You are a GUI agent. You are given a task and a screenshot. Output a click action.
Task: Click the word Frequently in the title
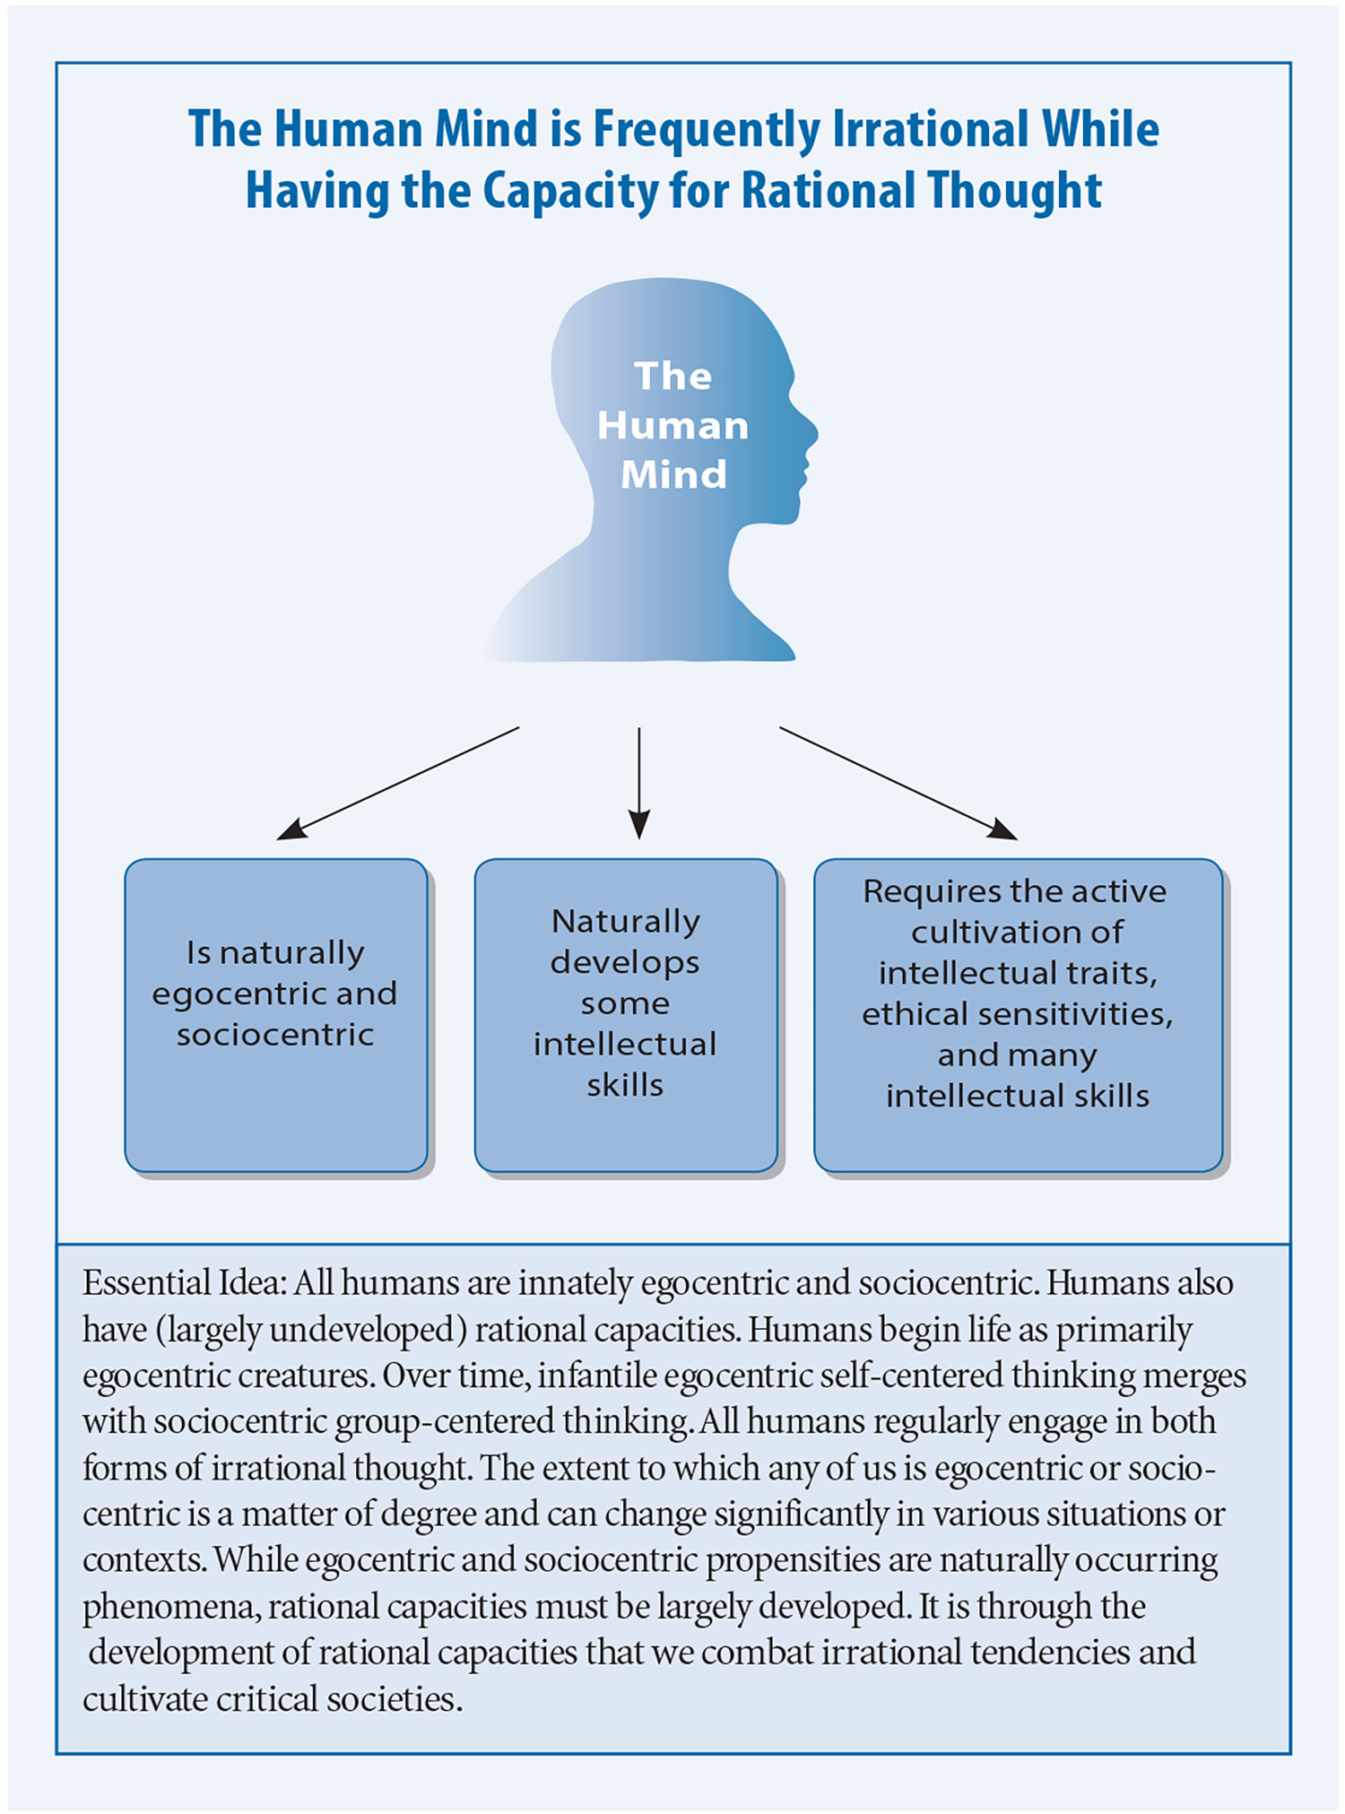click(707, 131)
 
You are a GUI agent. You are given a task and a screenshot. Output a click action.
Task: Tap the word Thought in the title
click(1014, 191)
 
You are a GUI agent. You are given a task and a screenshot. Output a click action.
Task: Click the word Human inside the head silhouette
click(672, 425)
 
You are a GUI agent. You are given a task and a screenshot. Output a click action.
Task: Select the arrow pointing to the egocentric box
click(398, 783)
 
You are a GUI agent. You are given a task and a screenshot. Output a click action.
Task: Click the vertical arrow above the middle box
click(639, 783)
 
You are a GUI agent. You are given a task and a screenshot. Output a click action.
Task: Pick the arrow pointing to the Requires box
click(898, 783)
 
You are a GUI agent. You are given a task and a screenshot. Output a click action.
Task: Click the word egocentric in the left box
click(227, 994)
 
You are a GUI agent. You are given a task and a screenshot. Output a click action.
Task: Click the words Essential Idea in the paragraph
click(184, 1283)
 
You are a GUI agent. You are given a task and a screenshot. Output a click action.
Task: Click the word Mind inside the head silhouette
click(673, 473)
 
